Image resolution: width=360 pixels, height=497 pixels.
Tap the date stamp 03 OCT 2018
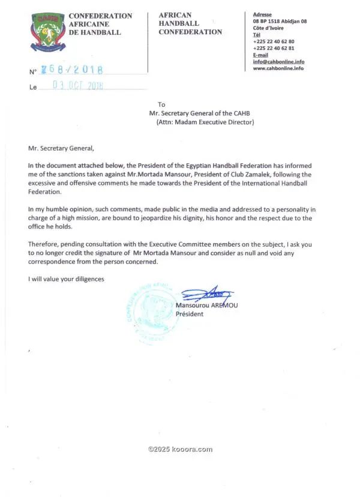[x=78, y=85]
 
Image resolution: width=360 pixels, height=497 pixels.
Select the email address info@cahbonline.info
[x=278, y=61]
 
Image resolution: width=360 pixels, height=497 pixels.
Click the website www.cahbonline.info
[x=278, y=68]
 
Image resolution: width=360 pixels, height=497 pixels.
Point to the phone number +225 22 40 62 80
[x=274, y=41]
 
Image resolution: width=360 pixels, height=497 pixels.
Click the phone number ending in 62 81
[x=274, y=48]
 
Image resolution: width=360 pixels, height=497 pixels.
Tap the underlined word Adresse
[x=262, y=14]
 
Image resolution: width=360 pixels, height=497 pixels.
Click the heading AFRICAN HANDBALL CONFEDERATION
[x=190, y=23]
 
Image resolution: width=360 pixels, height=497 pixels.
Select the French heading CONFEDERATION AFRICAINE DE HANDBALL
[x=100, y=23]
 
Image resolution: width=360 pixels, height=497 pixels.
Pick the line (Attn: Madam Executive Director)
[x=205, y=122]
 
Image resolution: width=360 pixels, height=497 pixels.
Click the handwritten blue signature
[x=207, y=294]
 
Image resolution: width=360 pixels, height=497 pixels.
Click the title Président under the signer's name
[x=190, y=314]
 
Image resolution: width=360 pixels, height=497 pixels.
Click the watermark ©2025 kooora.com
[x=180, y=449]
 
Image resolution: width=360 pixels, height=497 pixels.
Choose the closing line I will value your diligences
[x=66, y=279]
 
